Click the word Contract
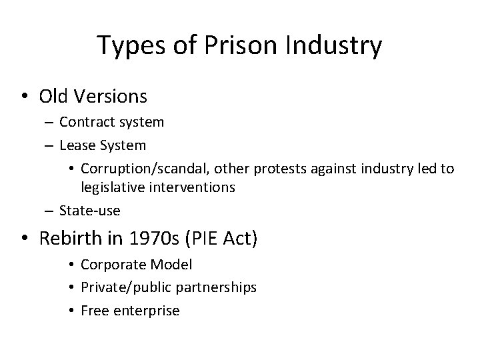[x=85, y=122]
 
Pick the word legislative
[x=111, y=187]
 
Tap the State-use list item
[x=89, y=211]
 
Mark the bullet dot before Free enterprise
[x=72, y=311]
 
